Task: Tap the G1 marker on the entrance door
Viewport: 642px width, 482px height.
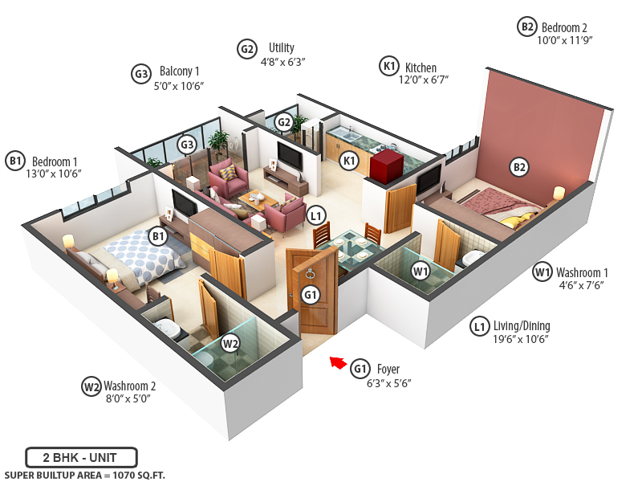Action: (x=311, y=295)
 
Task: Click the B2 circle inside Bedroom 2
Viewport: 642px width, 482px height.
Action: (x=520, y=167)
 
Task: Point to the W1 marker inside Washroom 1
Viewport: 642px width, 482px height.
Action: (x=421, y=272)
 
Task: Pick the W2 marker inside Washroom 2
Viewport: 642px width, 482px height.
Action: (x=230, y=344)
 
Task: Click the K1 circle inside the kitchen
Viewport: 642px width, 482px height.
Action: (x=349, y=161)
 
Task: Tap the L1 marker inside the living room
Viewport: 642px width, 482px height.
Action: (x=315, y=214)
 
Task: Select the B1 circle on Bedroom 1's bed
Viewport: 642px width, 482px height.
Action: (x=158, y=236)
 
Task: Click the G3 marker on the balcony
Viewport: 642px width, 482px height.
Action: (x=187, y=145)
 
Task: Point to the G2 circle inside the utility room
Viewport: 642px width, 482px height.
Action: (x=283, y=122)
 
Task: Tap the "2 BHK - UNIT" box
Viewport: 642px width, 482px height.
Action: (x=81, y=457)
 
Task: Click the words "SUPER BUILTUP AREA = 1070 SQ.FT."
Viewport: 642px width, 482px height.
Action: (x=84, y=475)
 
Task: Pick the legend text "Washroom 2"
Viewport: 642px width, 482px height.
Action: (x=129, y=386)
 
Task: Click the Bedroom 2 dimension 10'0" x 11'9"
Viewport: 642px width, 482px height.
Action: (x=565, y=39)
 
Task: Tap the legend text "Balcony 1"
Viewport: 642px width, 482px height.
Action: (x=180, y=71)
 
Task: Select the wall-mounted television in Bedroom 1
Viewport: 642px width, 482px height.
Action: (x=184, y=206)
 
